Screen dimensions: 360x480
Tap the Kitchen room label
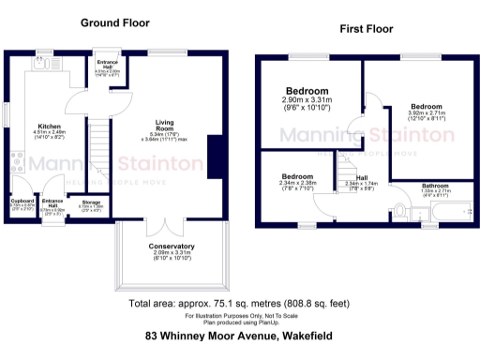(50, 127)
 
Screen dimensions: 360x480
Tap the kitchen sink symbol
(41, 67)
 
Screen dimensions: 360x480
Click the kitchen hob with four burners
(14, 160)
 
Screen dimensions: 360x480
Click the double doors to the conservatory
(164, 227)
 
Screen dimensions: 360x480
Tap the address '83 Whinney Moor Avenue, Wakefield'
(239, 335)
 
